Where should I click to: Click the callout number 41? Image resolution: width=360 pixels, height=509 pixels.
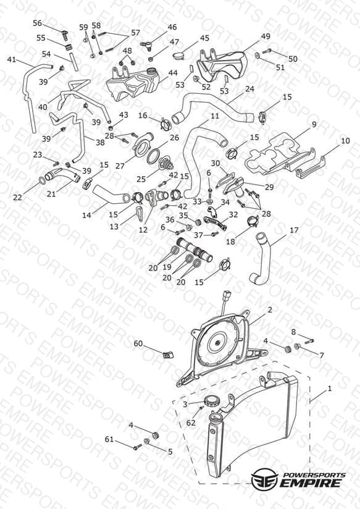pos(11,60)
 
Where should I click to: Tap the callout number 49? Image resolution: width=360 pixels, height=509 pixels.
pos(266,36)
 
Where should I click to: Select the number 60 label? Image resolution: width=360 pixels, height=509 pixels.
pos(138,343)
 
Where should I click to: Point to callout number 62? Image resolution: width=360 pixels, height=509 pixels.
pos(191,423)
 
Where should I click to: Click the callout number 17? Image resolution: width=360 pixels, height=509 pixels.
pos(294,230)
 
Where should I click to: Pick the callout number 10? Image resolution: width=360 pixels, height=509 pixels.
pos(345,141)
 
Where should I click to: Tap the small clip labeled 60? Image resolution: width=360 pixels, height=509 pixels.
pos(167,354)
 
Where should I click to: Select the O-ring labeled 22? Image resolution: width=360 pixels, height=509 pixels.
pos(42,180)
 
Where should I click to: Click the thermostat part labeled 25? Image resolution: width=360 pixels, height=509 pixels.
pos(166,163)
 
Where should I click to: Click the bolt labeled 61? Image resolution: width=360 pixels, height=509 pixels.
pos(137,447)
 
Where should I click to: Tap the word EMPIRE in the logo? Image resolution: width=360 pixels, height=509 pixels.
pos(311,482)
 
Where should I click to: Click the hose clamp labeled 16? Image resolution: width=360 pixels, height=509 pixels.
pos(165,124)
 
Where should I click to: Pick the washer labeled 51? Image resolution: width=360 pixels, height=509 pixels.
pos(257,56)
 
